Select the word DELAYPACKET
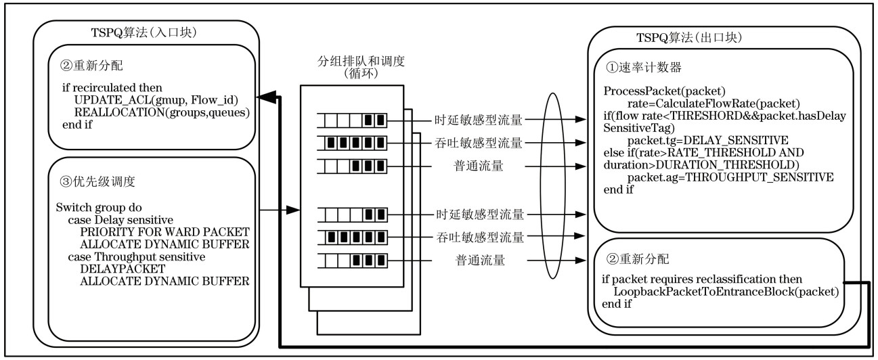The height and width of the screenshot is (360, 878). tap(110, 269)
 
